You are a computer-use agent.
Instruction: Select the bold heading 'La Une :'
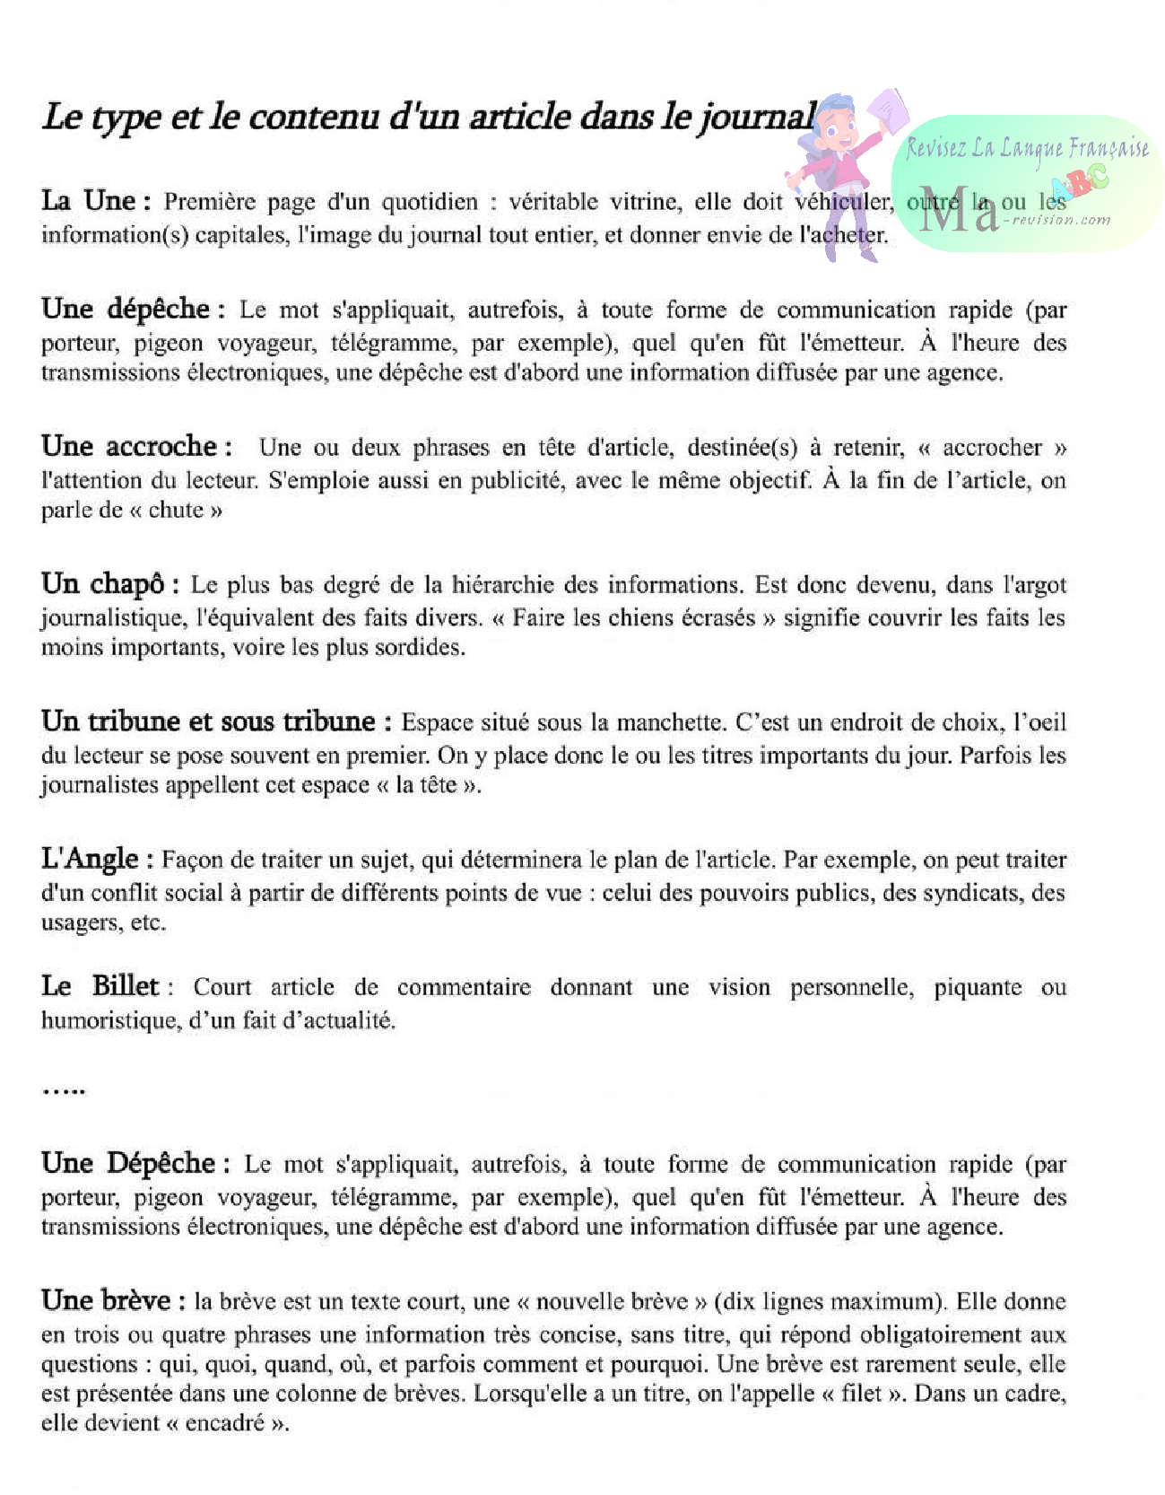[x=96, y=200]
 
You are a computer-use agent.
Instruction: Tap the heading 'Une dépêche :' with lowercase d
[x=126, y=309]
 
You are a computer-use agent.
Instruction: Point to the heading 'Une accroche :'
[x=136, y=446]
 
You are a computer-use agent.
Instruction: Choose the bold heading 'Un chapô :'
[x=109, y=584]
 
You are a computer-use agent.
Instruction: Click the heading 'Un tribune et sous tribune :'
[x=216, y=721]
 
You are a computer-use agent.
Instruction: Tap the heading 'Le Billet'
[x=100, y=986]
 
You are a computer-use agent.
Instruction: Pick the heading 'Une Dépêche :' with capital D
[x=135, y=1163]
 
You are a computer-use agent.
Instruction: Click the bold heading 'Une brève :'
[x=113, y=1300]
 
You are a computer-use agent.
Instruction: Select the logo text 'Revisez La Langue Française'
[x=1027, y=148]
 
